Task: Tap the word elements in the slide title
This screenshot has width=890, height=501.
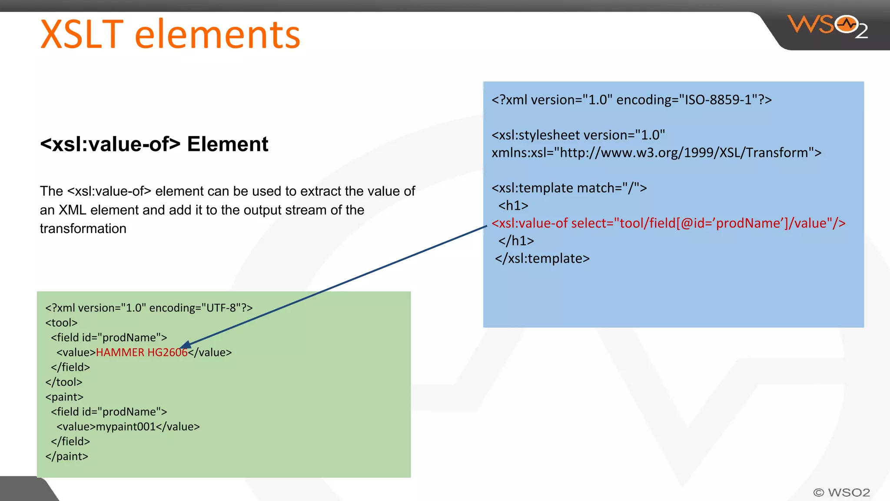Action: (x=217, y=34)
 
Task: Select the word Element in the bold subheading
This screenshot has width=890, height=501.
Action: (x=227, y=144)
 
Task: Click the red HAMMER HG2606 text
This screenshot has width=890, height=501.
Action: (x=141, y=352)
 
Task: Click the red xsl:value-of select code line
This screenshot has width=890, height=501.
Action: (x=668, y=223)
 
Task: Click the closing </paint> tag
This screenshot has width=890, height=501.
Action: (x=66, y=456)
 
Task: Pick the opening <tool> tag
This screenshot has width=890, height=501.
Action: (x=61, y=323)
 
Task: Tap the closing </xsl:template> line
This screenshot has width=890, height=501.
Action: (x=542, y=258)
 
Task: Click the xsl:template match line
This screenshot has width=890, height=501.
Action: (x=569, y=188)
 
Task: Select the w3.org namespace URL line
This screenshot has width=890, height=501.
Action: (x=656, y=153)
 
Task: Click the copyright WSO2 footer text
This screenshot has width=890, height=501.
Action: (x=841, y=492)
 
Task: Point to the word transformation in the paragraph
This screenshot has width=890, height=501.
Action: (x=83, y=229)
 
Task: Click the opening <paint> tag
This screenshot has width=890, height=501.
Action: (x=64, y=397)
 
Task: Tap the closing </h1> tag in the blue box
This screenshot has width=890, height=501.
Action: (x=516, y=240)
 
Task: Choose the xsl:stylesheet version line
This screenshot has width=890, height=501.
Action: (x=578, y=135)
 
